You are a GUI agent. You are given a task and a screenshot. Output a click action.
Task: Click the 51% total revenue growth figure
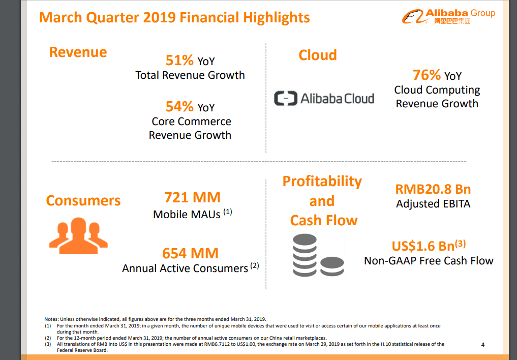(179, 61)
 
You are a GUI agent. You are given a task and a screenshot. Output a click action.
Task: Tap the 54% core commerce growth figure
(179, 107)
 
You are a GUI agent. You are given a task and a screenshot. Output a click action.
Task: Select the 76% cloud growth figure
(427, 75)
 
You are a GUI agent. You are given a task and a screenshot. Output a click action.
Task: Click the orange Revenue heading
(78, 52)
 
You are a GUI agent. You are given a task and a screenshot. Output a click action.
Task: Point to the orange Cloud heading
(317, 55)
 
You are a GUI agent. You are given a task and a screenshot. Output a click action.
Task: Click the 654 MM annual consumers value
(190, 253)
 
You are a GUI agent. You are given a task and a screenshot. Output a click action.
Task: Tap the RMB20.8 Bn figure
(433, 189)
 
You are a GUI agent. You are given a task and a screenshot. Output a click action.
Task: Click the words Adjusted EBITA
(433, 204)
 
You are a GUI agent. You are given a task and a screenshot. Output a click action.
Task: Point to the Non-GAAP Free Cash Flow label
(429, 261)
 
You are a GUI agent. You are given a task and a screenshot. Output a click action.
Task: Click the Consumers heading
(83, 200)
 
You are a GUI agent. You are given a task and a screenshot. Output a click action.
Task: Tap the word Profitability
(322, 182)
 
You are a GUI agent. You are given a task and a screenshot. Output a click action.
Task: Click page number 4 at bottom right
(482, 345)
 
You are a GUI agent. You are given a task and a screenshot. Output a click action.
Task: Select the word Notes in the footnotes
(51, 319)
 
